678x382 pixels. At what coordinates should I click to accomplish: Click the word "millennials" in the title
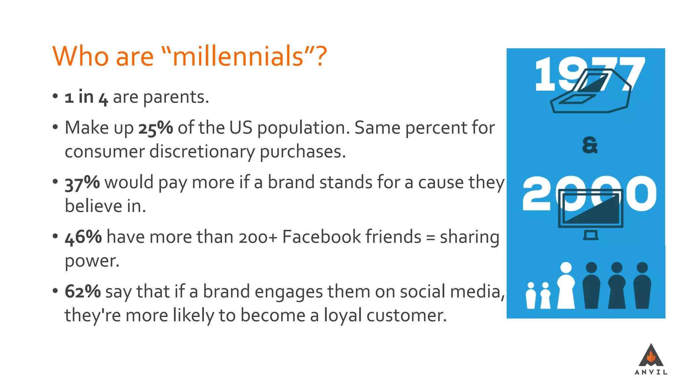tap(238, 56)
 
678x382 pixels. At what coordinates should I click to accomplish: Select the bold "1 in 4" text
tap(86, 97)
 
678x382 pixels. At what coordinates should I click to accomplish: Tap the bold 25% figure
tap(155, 128)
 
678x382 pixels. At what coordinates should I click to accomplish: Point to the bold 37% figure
tap(82, 183)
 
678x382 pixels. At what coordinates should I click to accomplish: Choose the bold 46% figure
tap(83, 237)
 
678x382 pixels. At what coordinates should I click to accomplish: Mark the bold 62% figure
tap(82, 292)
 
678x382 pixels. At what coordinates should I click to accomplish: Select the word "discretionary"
tap(202, 152)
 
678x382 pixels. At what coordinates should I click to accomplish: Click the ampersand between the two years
tap(590, 145)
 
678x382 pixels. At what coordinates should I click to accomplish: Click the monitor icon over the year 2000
tap(591, 212)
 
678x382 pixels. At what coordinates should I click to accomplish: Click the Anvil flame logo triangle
tap(651, 355)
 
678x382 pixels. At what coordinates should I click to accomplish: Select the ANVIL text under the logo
tap(651, 372)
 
